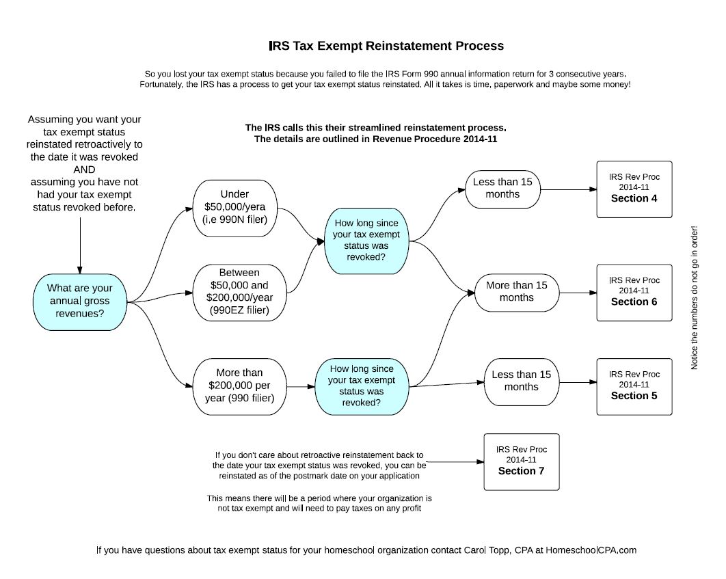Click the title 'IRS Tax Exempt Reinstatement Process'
click(x=386, y=46)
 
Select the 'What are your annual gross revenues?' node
click(x=79, y=301)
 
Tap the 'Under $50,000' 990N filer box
click(x=234, y=208)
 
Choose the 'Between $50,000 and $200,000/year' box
click(x=239, y=293)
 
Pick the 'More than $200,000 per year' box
click(x=239, y=386)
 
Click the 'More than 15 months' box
click(x=517, y=293)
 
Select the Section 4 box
click(x=634, y=189)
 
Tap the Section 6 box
click(x=634, y=293)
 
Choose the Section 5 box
click(x=634, y=386)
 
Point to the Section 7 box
click(x=522, y=462)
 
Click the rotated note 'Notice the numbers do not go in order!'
click(x=694, y=297)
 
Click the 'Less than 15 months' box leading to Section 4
click(x=503, y=189)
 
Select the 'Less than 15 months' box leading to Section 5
click(x=522, y=382)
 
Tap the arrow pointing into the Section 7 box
click(x=455, y=462)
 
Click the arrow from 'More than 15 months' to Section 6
click(x=578, y=293)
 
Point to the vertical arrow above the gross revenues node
click(x=80, y=246)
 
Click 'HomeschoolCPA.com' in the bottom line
click(x=591, y=550)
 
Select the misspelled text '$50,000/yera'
click(x=234, y=207)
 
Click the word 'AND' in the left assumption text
click(x=84, y=170)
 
